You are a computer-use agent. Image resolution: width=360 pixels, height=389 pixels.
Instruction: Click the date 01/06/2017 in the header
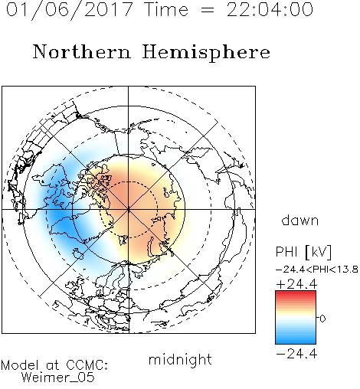click(x=69, y=9)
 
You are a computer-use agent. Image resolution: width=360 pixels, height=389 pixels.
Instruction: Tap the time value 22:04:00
click(x=270, y=9)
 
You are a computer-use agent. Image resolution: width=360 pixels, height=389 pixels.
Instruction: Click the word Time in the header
click(x=166, y=9)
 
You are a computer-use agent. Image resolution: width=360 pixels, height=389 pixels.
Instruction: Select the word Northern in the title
click(x=82, y=51)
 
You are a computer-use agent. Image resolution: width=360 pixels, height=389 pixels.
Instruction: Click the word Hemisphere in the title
click(x=206, y=53)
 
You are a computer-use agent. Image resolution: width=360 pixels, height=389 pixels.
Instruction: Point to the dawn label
click(x=300, y=220)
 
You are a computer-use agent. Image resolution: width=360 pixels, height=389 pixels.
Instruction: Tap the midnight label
click(x=180, y=359)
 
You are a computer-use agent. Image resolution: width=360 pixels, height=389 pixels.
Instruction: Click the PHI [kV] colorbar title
click(x=304, y=252)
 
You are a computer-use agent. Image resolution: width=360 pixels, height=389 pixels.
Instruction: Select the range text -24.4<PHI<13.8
click(x=317, y=270)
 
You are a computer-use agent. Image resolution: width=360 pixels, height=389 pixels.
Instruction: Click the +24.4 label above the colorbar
click(x=296, y=284)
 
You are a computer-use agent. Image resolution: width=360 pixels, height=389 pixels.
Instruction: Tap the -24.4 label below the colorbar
click(x=296, y=354)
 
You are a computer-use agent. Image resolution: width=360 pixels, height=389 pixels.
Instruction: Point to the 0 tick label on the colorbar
click(x=322, y=319)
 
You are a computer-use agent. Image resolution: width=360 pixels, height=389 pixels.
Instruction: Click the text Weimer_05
click(x=58, y=377)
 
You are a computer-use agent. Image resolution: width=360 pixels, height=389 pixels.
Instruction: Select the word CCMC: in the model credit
click(x=87, y=365)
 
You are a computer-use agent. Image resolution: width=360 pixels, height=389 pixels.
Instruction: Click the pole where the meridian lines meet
click(x=128, y=210)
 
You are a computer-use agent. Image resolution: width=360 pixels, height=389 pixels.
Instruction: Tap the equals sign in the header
click(x=208, y=10)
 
